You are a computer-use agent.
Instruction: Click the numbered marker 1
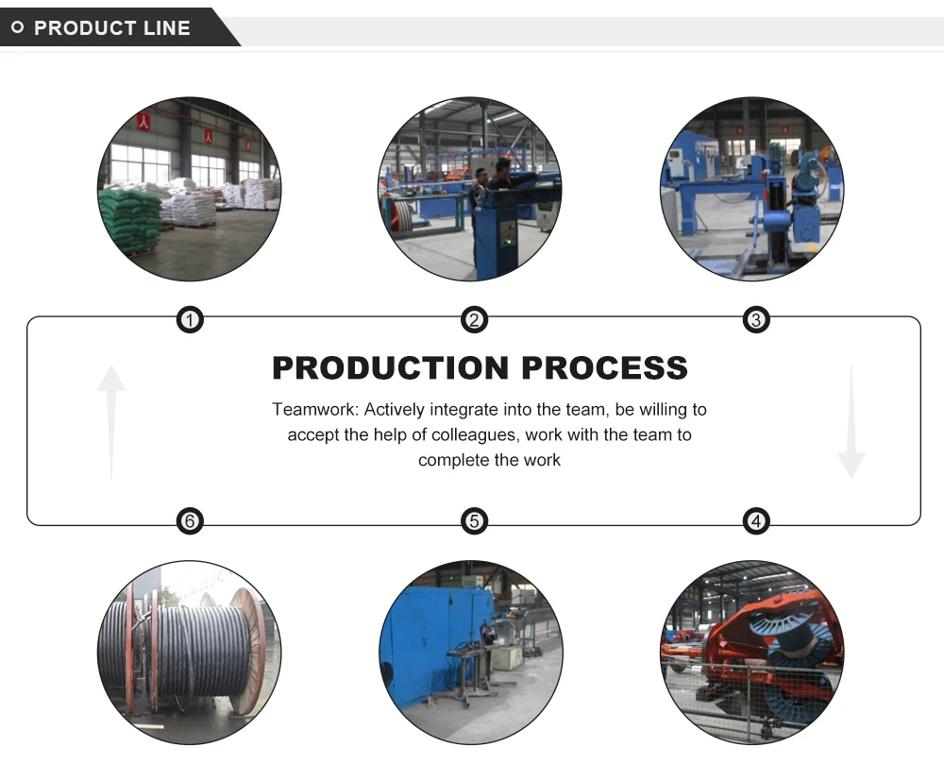(x=190, y=320)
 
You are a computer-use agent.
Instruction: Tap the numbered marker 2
(x=474, y=320)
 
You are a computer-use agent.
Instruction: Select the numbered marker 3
(x=756, y=320)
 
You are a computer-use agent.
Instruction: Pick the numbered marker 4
(x=756, y=521)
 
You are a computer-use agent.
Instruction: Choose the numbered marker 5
(x=474, y=521)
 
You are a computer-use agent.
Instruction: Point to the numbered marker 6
(x=190, y=521)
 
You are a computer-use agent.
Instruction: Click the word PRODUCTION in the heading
(x=391, y=368)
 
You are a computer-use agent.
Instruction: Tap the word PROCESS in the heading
(x=604, y=368)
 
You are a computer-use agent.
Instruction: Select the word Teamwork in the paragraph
(x=315, y=410)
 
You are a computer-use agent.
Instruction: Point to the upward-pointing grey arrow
(x=111, y=421)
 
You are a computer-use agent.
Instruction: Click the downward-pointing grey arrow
(x=851, y=421)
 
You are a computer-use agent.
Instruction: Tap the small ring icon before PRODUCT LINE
(x=18, y=27)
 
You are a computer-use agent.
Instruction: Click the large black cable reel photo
(x=189, y=653)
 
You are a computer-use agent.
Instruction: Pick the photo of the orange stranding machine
(x=752, y=653)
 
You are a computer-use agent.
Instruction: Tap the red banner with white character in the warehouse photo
(x=143, y=122)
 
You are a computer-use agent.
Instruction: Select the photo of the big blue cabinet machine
(x=471, y=653)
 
